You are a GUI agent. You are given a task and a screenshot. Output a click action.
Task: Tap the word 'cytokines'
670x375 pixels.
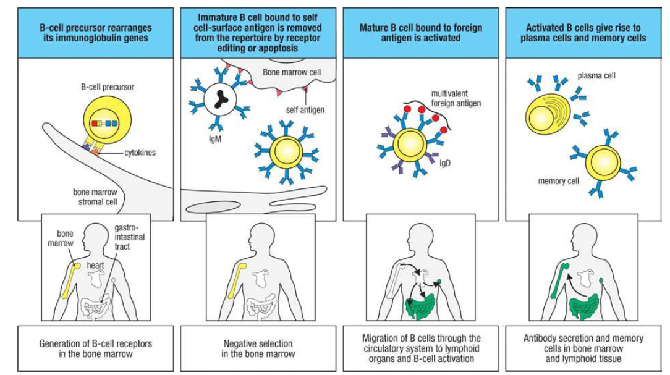(x=138, y=153)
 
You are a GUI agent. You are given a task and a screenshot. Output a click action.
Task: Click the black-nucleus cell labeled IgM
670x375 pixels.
(x=219, y=99)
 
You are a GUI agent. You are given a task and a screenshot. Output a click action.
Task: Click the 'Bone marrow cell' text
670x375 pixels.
(x=292, y=72)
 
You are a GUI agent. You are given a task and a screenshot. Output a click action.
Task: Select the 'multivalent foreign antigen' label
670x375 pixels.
(x=457, y=99)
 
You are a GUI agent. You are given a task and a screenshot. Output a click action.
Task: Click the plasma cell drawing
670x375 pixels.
(x=549, y=112)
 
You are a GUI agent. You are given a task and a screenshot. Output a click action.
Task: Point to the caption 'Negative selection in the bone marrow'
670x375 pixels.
(x=258, y=348)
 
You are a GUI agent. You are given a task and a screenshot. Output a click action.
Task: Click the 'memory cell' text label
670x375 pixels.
(x=559, y=181)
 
